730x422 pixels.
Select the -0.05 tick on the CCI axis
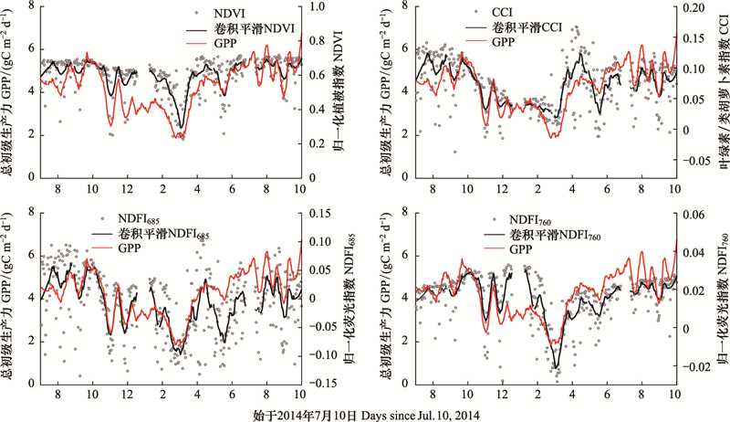(694, 161)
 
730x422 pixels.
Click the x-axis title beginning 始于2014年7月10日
(364, 414)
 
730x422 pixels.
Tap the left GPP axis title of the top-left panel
(10, 91)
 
